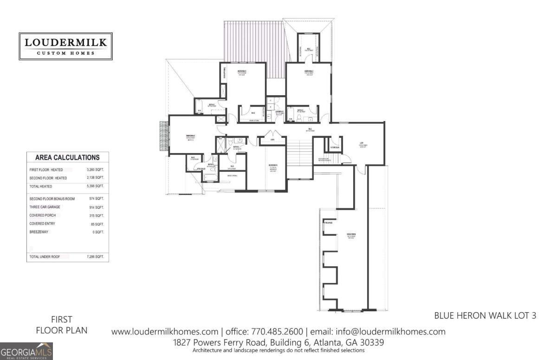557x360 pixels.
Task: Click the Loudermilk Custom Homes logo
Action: (65, 46)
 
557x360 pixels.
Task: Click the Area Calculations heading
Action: (67, 158)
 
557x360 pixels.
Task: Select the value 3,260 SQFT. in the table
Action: (95, 170)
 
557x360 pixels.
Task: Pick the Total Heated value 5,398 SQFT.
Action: (95, 186)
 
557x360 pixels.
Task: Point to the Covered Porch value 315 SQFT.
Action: (97, 216)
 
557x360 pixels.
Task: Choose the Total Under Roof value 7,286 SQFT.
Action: (95, 257)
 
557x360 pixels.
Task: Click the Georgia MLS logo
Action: (26, 351)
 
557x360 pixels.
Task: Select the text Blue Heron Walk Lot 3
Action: (485, 315)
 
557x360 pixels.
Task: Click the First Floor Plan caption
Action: (62, 325)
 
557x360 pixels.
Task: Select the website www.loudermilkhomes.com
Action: (165, 332)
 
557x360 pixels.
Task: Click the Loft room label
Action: (362, 143)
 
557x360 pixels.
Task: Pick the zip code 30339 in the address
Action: (370, 342)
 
